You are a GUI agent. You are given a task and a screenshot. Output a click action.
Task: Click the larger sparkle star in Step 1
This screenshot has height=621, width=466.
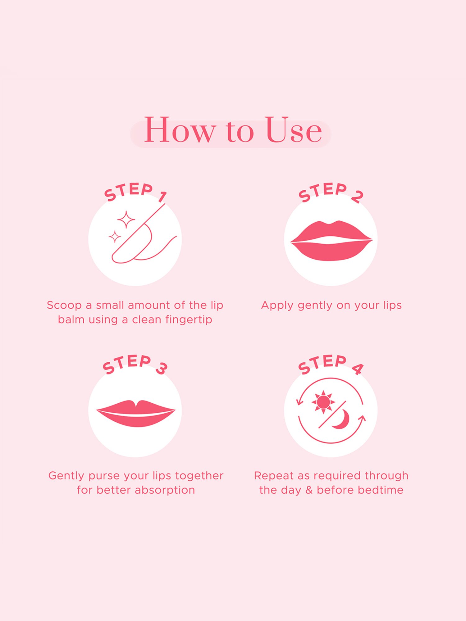126,220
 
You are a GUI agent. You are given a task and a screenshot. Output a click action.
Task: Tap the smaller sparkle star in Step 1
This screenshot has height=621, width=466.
115,237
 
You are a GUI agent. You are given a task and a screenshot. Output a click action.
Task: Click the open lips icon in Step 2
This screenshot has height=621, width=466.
331,241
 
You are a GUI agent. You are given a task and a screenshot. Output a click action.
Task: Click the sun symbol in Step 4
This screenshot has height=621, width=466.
323,402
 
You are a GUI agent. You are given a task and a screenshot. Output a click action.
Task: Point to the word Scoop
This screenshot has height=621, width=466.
64,305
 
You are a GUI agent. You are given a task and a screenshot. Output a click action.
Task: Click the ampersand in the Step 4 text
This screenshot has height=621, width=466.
309,490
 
